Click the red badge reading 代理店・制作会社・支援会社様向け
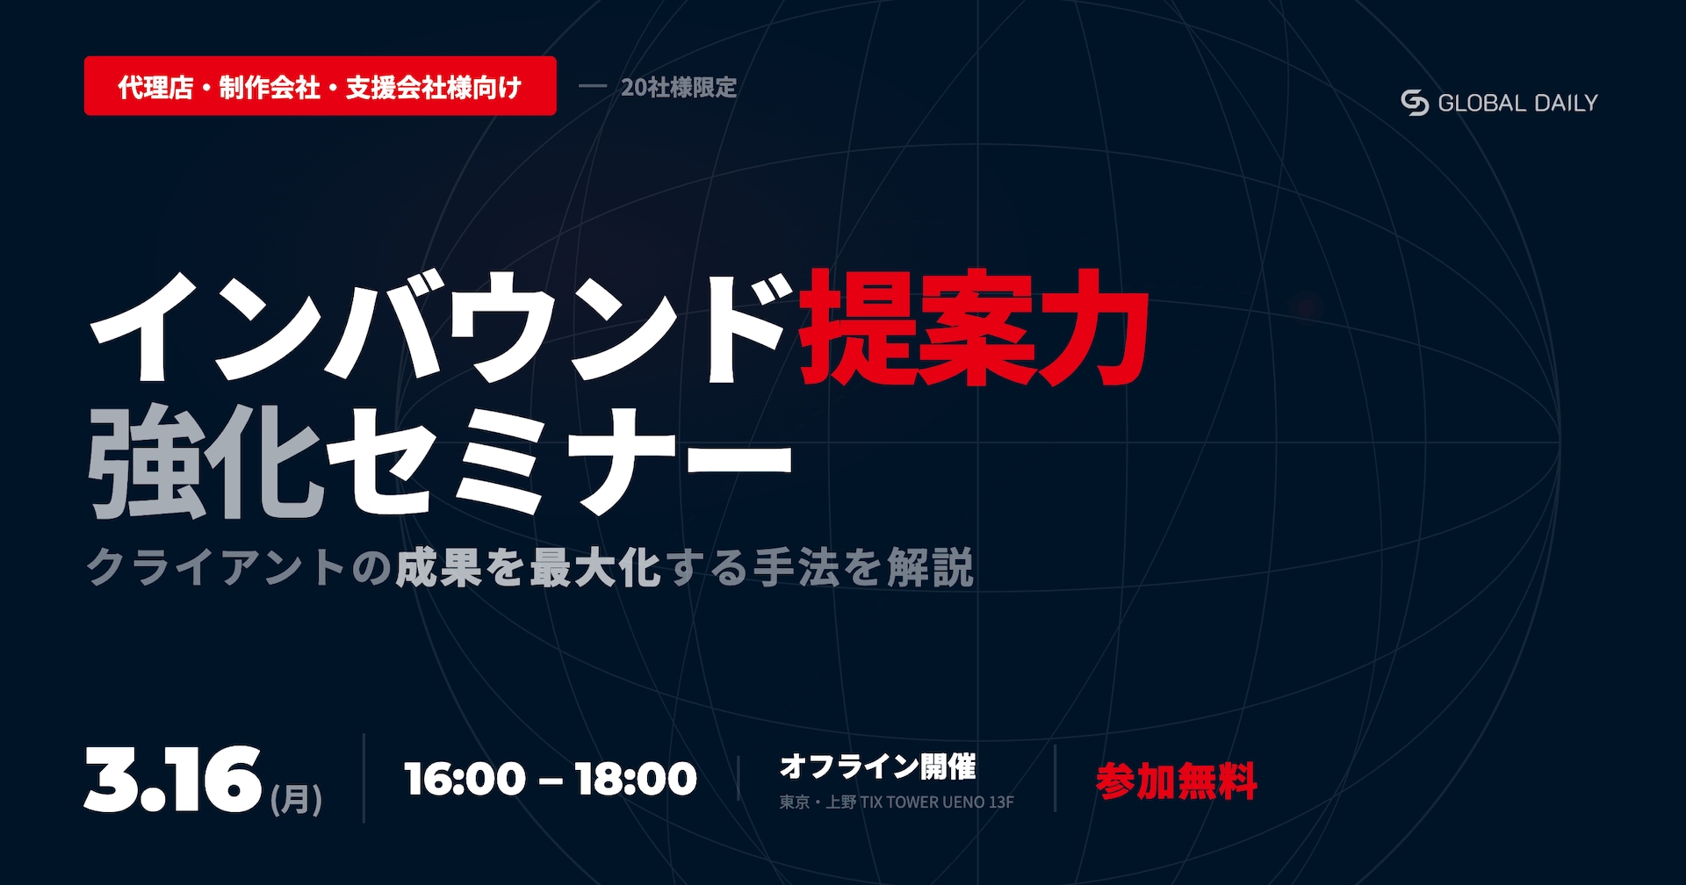[321, 86]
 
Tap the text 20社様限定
[679, 88]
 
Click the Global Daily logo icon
[1415, 103]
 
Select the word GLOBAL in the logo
[1482, 104]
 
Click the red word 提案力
[975, 328]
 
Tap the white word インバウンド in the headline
[439, 328]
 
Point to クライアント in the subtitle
[216, 567]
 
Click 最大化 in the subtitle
[594, 567]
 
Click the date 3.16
[173, 779]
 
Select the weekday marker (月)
[297, 799]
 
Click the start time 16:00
[465, 779]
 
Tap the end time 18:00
[636, 779]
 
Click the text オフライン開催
[878, 766]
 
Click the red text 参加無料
[1177, 781]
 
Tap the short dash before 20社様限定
[593, 87]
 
